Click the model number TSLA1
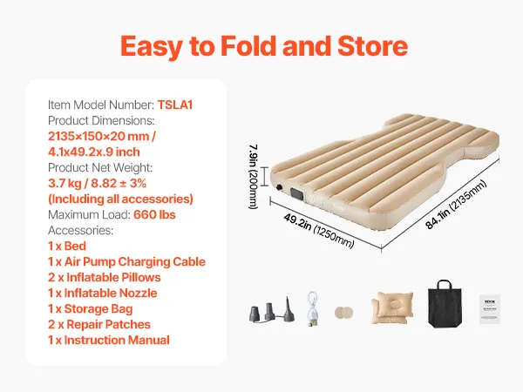click(175, 105)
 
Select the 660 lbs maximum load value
click(154, 214)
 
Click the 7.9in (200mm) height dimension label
click(254, 177)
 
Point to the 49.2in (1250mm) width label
click(318, 231)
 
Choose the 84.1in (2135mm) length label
click(456, 205)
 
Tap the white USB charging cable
click(313, 308)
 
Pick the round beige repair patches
click(344, 313)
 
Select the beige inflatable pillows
click(392, 308)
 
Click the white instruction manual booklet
click(490, 309)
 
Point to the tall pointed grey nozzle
click(289, 309)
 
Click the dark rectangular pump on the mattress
click(297, 193)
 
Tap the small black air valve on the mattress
click(279, 187)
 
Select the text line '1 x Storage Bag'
click(91, 309)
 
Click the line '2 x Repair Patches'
click(99, 324)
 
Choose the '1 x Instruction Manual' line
click(109, 340)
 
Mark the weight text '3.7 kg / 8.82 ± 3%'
click(97, 183)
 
